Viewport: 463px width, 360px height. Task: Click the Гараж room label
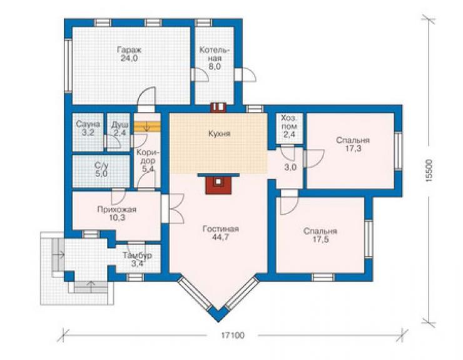tap(129, 49)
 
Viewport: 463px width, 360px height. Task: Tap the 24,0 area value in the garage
tap(129, 58)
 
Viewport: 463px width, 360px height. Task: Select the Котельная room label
tap(215, 54)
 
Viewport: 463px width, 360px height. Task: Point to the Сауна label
tap(88, 124)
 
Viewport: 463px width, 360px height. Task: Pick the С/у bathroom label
tap(101, 165)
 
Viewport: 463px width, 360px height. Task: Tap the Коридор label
tap(147, 157)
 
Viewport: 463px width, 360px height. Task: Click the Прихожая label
tap(116, 210)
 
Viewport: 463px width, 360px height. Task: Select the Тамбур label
tap(137, 255)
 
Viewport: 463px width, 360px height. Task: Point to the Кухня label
tap(219, 133)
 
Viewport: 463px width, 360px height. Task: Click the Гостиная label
tap(221, 229)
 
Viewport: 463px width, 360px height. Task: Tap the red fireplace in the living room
tap(218, 183)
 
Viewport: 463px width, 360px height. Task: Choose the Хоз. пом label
tap(289, 122)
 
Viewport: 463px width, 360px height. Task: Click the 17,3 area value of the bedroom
tap(353, 148)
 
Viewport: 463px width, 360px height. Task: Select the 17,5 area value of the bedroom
tap(321, 239)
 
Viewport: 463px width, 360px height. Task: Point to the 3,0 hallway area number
tap(290, 167)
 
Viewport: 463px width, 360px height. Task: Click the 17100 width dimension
tap(233, 335)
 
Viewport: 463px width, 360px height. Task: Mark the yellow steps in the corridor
tap(147, 127)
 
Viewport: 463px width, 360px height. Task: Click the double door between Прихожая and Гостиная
tap(173, 208)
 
